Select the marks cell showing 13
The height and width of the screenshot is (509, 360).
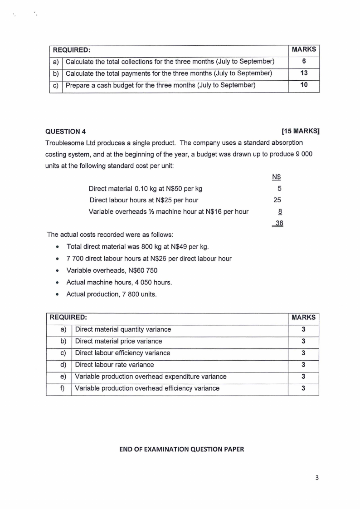304,73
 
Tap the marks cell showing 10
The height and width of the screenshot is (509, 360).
304,85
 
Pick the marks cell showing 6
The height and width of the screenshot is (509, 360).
304,61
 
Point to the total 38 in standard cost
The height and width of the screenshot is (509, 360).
278,223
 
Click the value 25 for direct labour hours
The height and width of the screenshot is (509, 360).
277,200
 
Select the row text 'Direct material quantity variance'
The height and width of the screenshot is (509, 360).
123,329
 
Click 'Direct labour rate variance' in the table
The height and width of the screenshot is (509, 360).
114,365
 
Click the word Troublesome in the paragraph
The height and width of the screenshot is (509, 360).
65,143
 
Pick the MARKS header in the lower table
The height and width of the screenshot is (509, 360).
303,318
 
